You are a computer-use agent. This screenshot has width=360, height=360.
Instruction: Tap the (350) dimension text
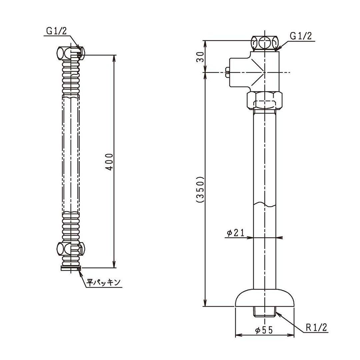200,189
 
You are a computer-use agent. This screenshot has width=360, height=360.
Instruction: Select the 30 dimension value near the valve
200,57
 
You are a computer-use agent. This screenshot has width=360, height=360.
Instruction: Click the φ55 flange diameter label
264,330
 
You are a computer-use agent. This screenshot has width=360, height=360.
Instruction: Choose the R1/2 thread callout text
317,328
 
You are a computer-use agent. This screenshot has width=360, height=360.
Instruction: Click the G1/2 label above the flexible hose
57,31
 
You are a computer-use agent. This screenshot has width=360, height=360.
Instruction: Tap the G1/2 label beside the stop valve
300,36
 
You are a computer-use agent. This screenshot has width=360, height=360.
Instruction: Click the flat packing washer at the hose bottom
71,268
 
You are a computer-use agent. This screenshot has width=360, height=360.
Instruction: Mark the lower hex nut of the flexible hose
70,248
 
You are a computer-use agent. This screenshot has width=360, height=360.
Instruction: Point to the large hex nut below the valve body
265,100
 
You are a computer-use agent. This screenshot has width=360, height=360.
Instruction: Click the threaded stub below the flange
265,312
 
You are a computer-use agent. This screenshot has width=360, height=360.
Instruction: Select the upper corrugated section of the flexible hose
70,78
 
